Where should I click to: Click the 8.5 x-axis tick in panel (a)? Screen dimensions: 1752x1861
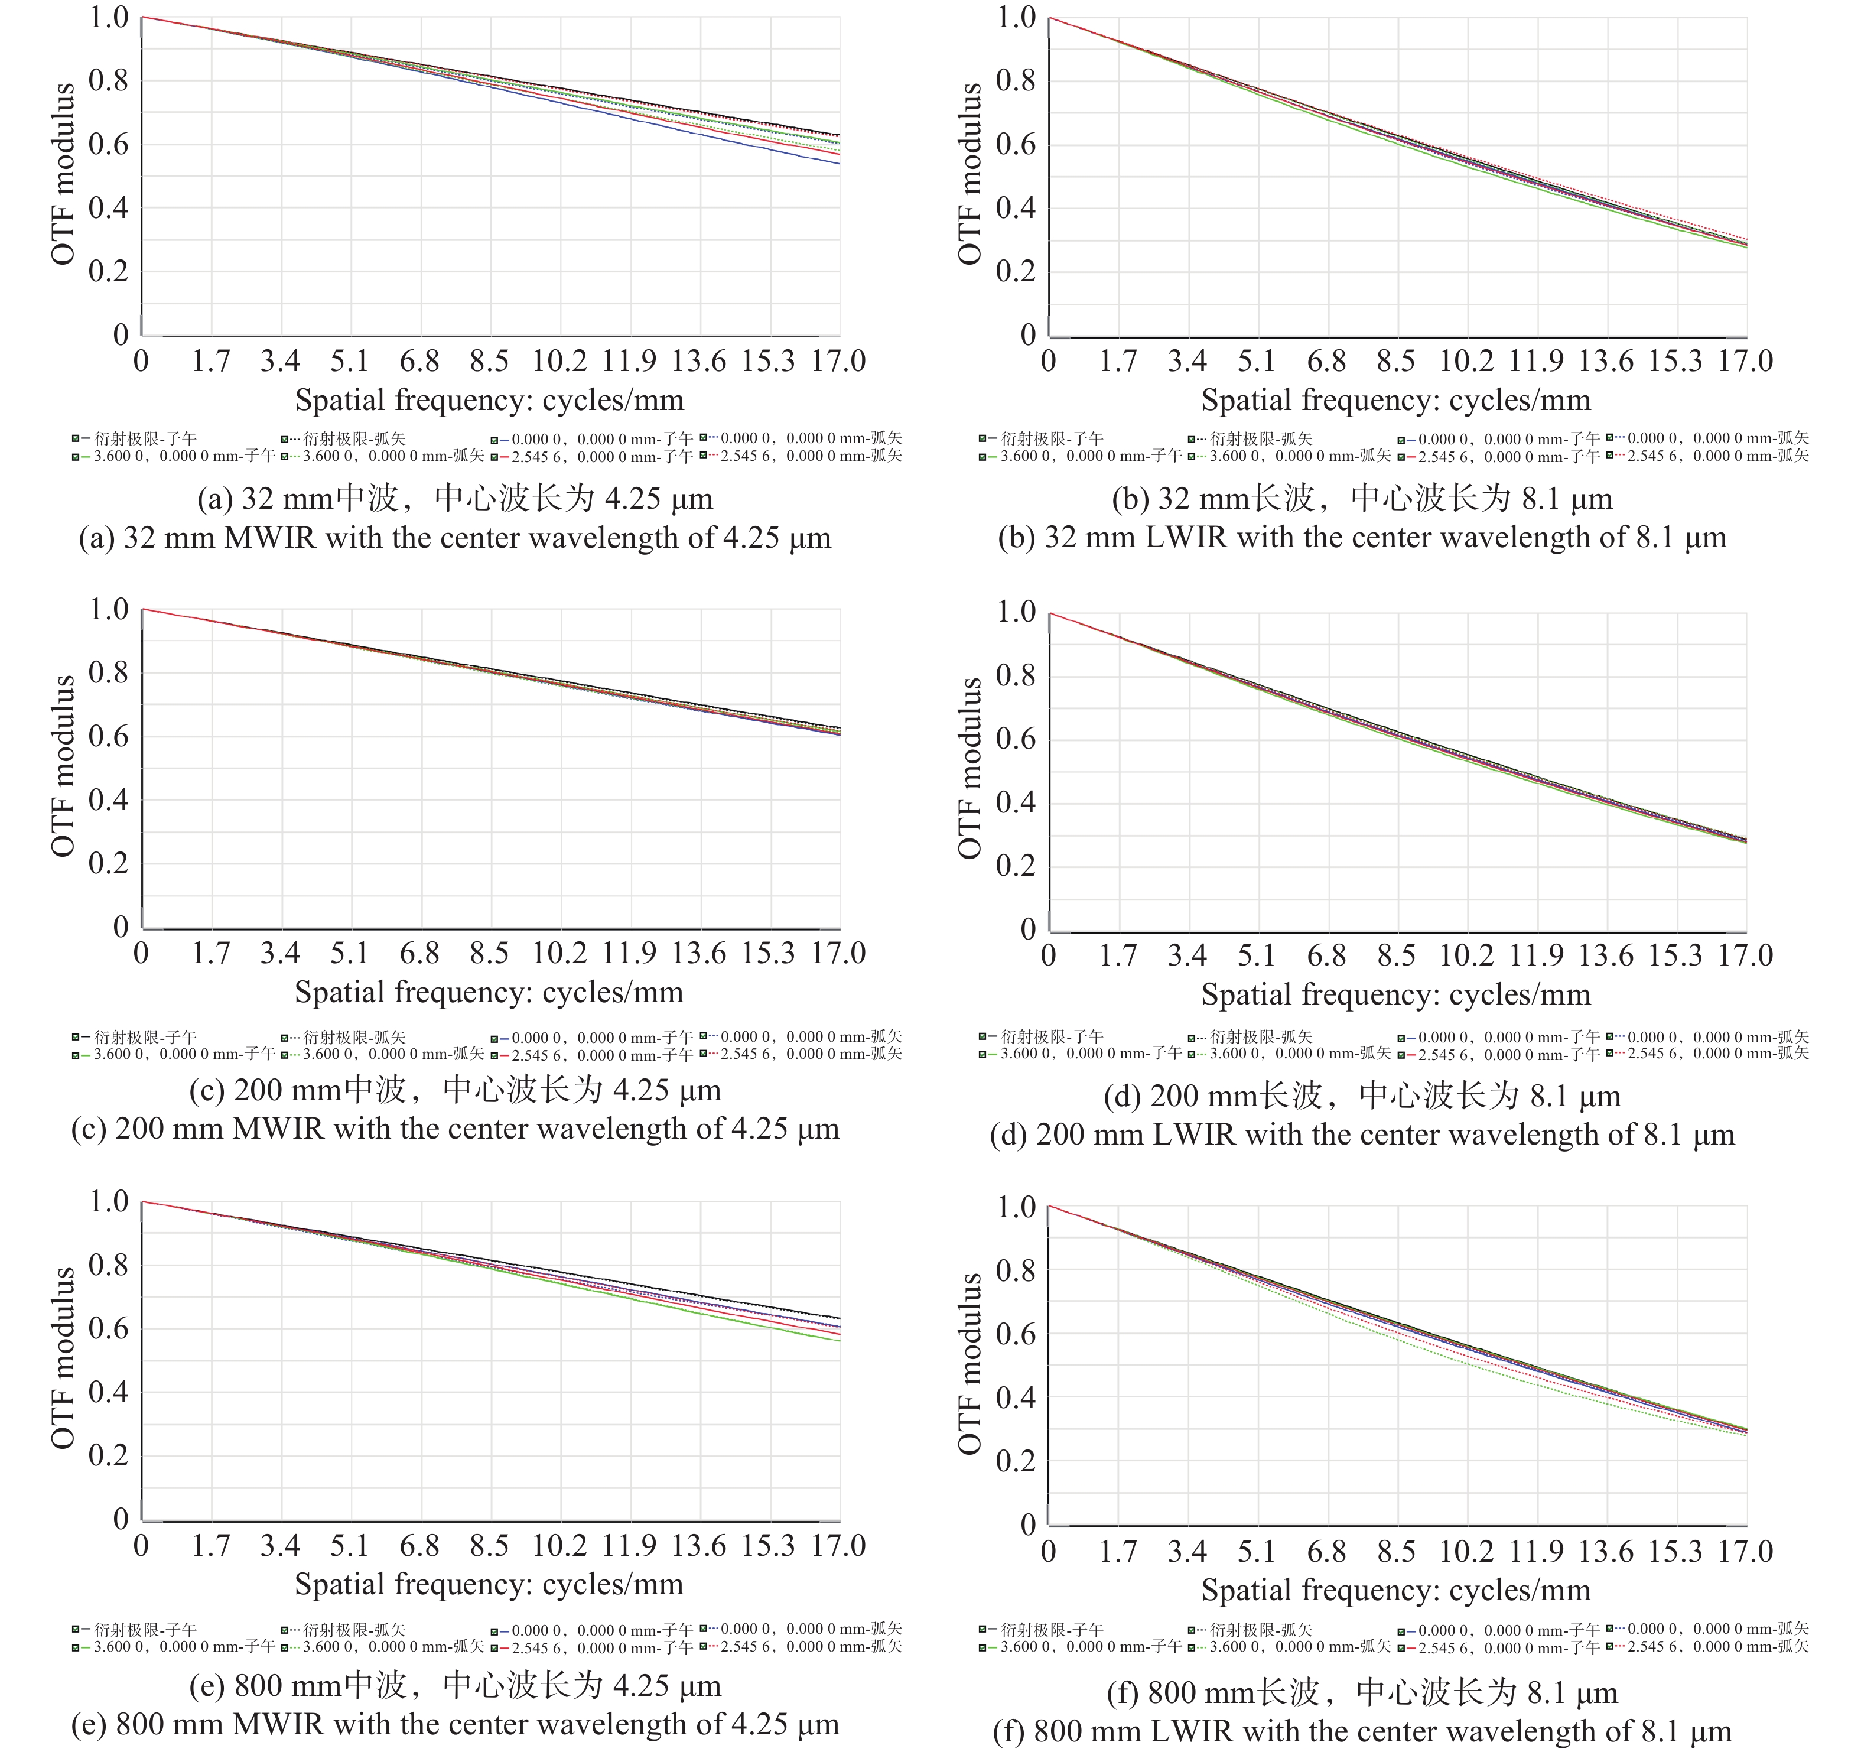point(489,362)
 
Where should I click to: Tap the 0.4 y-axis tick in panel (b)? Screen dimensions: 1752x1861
point(1015,208)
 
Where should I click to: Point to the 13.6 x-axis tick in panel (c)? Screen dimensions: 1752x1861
point(698,953)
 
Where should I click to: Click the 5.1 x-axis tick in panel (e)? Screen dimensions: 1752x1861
point(349,1546)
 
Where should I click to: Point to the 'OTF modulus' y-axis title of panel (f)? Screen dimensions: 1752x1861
point(970,1363)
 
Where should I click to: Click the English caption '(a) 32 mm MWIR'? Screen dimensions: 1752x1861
point(455,538)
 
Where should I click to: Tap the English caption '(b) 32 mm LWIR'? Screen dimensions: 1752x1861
point(1362,538)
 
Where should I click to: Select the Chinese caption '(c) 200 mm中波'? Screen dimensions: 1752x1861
point(455,1090)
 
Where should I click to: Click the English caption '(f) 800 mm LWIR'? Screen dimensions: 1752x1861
point(1362,1731)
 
